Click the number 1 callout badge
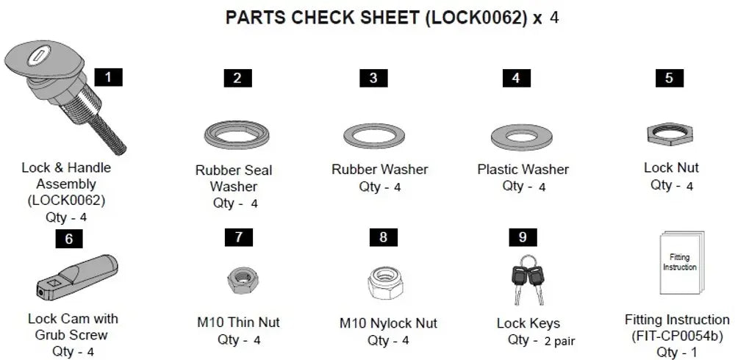click(x=109, y=77)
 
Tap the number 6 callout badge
click(x=69, y=239)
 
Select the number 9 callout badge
click(x=523, y=237)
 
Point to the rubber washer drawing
click(x=374, y=135)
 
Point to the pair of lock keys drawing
click(x=526, y=280)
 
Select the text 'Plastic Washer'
click(x=523, y=170)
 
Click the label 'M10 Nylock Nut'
click(x=388, y=323)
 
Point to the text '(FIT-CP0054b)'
click(x=677, y=336)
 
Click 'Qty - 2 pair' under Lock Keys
click(x=541, y=340)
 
